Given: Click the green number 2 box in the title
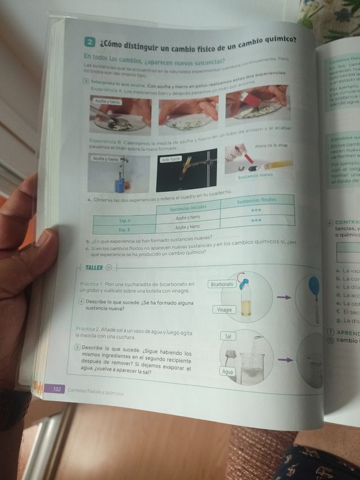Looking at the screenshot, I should [89, 42].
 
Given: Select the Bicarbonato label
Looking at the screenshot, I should [222, 284].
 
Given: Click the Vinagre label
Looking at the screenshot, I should [223, 309].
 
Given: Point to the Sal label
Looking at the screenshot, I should [228, 336].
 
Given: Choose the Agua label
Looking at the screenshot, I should [228, 372].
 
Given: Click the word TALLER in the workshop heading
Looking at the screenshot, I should [93, 267].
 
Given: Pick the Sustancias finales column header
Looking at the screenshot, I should [256, 201].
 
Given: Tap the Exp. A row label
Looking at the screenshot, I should [124, 221].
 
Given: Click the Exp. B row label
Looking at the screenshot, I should [124, 230].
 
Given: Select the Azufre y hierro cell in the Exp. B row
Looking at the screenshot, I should [188, 227].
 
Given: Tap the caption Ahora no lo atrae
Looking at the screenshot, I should [271, 145].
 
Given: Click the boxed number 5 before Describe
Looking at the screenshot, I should [78, 347].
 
